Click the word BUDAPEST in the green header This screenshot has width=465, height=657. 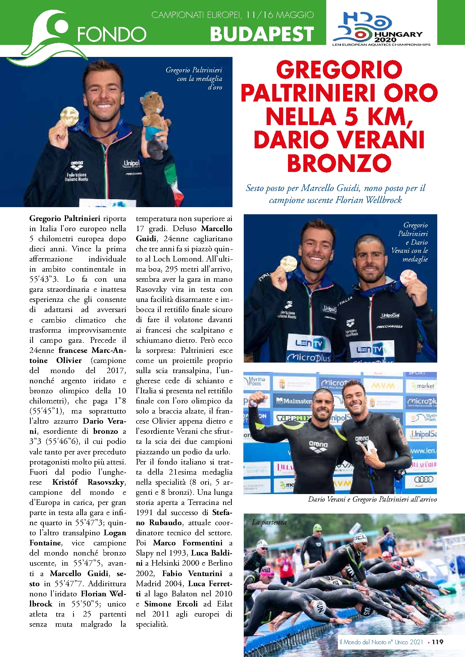[261, 34]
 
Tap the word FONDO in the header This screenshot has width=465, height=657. [111, 34]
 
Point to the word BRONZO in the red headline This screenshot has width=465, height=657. [339, 163]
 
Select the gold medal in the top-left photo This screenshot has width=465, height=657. [70, 116]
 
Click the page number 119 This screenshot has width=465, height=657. [437, 642]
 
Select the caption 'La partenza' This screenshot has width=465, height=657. [269, 522]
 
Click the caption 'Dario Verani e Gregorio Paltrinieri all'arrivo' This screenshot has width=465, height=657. [372, 499]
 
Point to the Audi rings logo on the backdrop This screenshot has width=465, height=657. [423, 479]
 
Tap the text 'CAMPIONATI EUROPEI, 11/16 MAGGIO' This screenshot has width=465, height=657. [232, 15]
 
